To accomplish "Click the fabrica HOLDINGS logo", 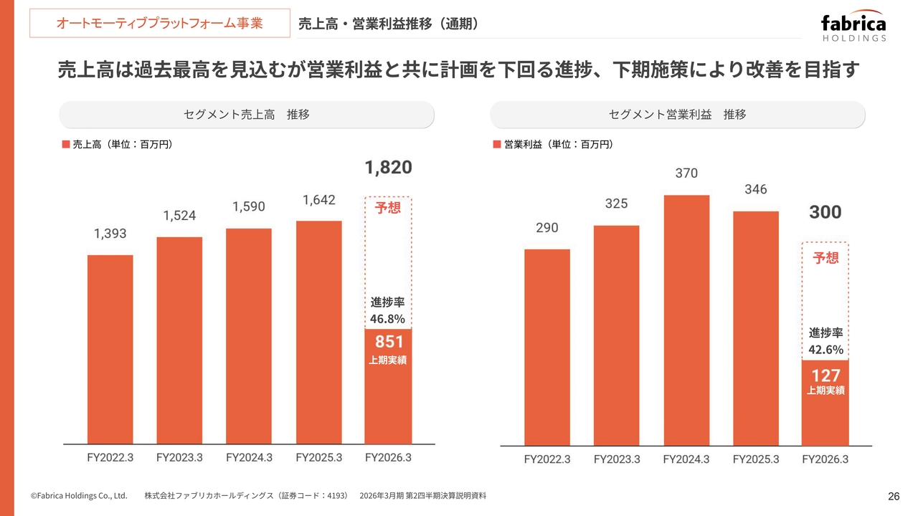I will pyautogui.click(x=853, y=28).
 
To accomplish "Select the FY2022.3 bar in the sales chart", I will pyautogui.click(x=110, y=349).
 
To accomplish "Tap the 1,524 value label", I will pyautogui.click(x=179, y=216).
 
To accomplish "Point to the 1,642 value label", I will pyautogui.click(x=318, y=201).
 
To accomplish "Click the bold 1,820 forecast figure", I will pyautogui.click(x=388, y=168).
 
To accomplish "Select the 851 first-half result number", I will pyautogui.click(x=389, y=342).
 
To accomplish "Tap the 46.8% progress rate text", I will pyautogui.click(x=388, y=318).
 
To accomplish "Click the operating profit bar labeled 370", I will pyautogui.click(x=686, y=320).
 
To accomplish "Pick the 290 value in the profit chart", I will pyautogui.click(x=546, y=228).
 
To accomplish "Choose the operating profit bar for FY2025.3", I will pyautogui.click(x=756, y=328).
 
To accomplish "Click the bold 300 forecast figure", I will pyautogui.click(x=825, y=213).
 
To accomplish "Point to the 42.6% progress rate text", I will pyautogui.click(x=825, y=350).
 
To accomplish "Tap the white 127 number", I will pyautogui.click(x=825, y=375).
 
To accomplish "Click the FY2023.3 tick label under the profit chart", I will pyautogui.click(x=617, y=459).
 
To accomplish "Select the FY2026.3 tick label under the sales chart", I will pyautogui.click(x=388, y=457).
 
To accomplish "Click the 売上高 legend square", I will pyautogui.click(x=66, y=145).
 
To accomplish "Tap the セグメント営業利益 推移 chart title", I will pyautogui.click(x=677, y=115).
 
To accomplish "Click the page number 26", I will pyautogui.click(x=894, y=497).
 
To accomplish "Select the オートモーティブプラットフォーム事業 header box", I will pyautogui.click(x=159, y=24).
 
